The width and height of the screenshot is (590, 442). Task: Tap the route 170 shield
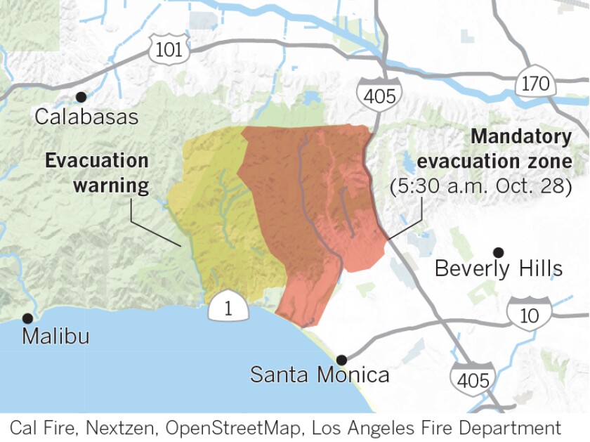535,84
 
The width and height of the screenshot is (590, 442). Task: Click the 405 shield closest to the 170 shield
380,94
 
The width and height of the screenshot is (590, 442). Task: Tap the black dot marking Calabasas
81,97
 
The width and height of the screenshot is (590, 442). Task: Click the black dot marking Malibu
28,318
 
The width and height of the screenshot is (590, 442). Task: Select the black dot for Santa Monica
342,358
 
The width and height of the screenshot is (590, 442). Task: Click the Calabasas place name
87,117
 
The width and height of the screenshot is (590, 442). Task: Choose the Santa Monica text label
320,375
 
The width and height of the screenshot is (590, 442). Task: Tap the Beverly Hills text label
499,268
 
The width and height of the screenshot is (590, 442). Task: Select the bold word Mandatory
520,136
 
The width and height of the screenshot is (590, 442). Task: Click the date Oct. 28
538,187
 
